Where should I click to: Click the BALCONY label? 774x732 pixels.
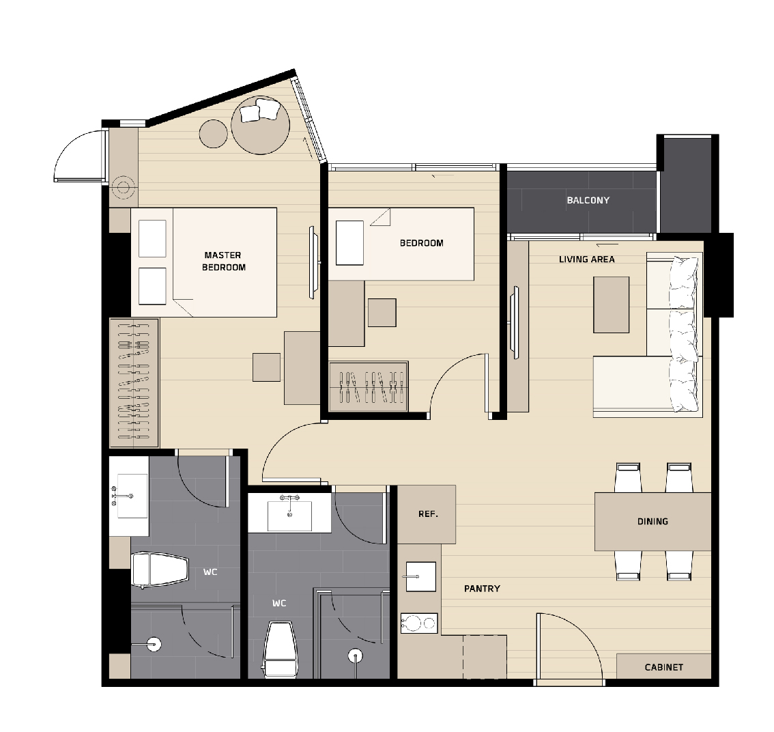point(588,200)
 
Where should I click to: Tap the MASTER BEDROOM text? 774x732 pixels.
point(223,262)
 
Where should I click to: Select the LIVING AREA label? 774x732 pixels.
point(587,259)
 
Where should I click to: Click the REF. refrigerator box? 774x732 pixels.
point(427,514)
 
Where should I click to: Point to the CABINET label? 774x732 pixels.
point(664,667)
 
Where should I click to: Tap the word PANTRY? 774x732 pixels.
point(482,589)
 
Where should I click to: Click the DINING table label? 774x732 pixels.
point(653,521)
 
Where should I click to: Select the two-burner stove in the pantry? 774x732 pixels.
point(419,623)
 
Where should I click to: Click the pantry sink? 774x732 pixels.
point(420,576)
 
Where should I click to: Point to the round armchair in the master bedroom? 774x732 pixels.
point(260,125)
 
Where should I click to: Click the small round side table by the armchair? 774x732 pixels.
point(213,133)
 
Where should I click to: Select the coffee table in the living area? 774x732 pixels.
point(611,305)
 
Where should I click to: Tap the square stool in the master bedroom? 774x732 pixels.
point(267,367)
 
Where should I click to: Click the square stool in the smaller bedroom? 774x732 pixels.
point(382,313)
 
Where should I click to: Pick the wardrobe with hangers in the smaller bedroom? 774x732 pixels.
point(369,386)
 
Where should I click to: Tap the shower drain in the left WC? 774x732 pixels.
point(154,645)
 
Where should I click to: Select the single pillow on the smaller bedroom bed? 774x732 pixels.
point(349,243)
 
